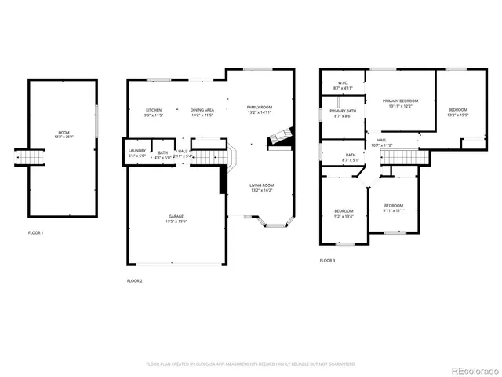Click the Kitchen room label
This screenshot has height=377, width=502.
[x=153, y=112]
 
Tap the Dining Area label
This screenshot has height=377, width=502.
[x=202, y=112]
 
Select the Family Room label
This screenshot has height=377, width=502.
[x=259, y=109]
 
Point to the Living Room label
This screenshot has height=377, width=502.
[x=261, y=188]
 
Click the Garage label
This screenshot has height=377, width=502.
[x=176, y=218]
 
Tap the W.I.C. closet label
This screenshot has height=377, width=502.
[x=343, y=85]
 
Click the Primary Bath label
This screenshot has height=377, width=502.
[x=343, y=113]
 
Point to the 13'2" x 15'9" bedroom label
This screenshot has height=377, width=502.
[x=457, y=112]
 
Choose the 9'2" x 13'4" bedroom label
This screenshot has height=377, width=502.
[x=344, y=213]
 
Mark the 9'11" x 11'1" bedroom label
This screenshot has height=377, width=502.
[x=393, y=207]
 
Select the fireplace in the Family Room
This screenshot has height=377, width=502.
[x=280, y=141]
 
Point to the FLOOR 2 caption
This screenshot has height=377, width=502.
[x=135, y=280]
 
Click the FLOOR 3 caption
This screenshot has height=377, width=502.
[x=327, y=260]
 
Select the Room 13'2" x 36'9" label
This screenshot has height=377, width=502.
[x=63, y=134]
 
